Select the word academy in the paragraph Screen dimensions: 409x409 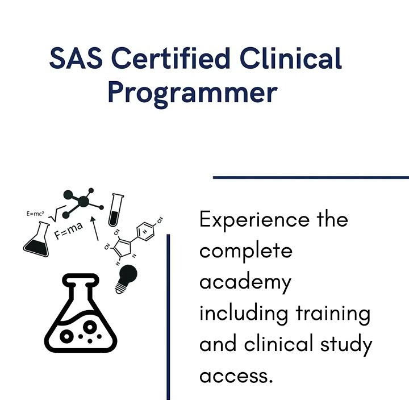245,283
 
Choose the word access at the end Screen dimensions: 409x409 236,375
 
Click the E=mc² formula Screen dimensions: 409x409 36,214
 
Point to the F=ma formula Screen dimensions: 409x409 69,231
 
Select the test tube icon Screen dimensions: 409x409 118,209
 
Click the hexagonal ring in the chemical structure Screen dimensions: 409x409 146,234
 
